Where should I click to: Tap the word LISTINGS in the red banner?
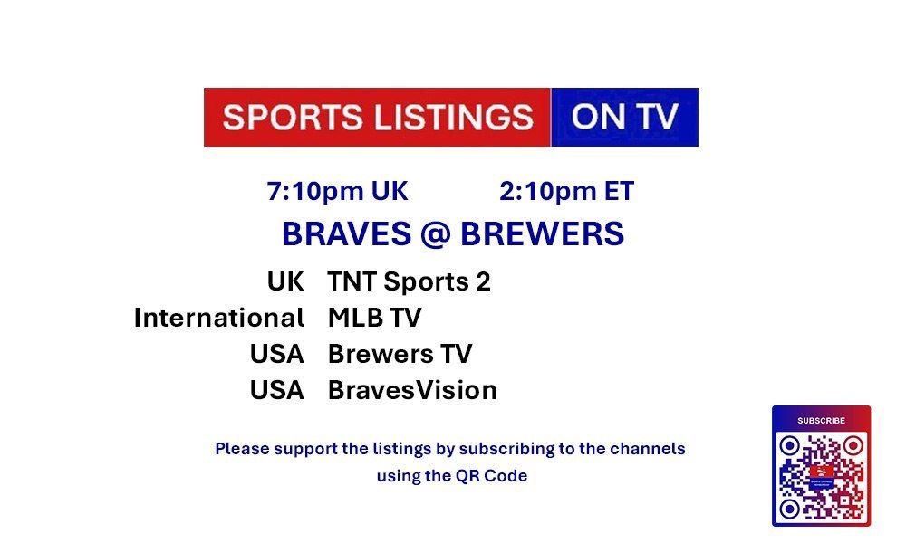454,117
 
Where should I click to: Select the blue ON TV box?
624,117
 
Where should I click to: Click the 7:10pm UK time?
337,191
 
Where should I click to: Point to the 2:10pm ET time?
567,191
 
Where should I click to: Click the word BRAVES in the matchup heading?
347,233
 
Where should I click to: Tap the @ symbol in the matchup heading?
436,234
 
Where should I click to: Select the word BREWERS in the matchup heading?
542,233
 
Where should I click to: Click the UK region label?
285,281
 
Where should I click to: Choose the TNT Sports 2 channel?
410,281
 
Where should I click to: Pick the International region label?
219,318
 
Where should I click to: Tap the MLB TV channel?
374,318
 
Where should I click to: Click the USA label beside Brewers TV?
276,354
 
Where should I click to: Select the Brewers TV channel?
400,354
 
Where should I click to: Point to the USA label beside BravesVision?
276,390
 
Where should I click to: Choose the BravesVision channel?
412,390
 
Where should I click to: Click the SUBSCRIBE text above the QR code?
821,421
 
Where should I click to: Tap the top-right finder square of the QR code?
853,445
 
